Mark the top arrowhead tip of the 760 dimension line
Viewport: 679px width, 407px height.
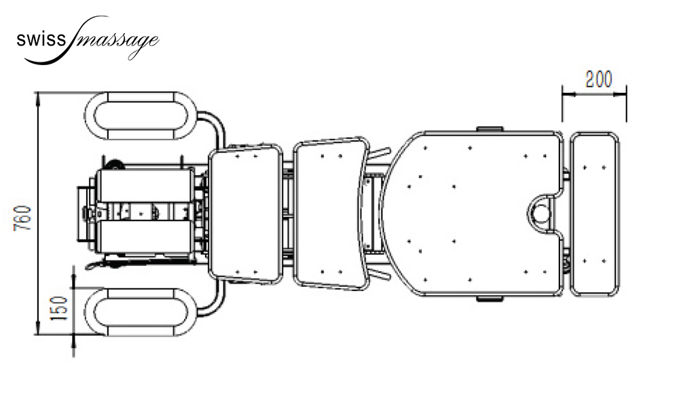pos(38,92)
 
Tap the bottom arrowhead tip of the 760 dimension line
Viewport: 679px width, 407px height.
pos(38,334)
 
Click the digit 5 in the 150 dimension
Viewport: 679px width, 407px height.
pos(59,307)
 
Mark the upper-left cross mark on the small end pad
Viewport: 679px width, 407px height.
pos(585,168)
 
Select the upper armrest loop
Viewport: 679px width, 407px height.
pos(141,115)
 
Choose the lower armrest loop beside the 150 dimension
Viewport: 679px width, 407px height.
pos(141,311)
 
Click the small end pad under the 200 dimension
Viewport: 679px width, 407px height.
pos(594,214)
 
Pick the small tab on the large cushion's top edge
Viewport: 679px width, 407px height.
pos(490,129)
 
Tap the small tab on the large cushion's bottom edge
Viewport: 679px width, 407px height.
pos(490,299)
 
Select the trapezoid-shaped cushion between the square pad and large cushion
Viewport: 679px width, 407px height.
pos(331,213)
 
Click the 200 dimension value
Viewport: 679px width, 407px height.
pos(599,79)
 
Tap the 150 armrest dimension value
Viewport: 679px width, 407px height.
pos(59,308)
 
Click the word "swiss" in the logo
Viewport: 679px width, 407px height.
pos(41,40)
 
